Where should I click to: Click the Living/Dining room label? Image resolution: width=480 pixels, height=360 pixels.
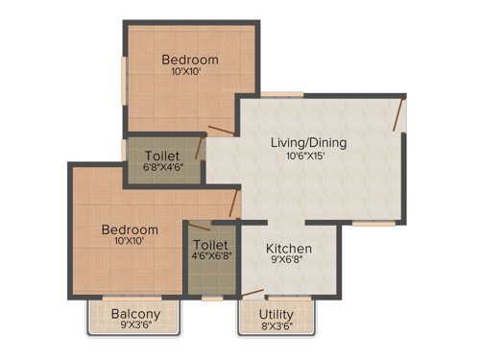tap(308, 143)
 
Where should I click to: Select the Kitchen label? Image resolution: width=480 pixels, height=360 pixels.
tap(288, 249)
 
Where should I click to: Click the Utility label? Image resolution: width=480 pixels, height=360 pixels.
tap(277, 313)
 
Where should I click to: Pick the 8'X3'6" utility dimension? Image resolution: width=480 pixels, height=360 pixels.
tap(277, 326)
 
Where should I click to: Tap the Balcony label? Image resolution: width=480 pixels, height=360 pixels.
tap(135, 313)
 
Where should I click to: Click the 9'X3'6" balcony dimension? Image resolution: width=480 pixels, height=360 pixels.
tap(135, 326)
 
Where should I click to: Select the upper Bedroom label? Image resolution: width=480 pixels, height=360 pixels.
tap(190, 60)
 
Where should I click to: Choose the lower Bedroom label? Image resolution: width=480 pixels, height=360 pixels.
tap(130, 230)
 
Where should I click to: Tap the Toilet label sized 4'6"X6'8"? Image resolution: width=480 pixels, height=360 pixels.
tap(209, 245)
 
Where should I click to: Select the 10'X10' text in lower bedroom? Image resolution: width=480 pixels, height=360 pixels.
tap(130, 243)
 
